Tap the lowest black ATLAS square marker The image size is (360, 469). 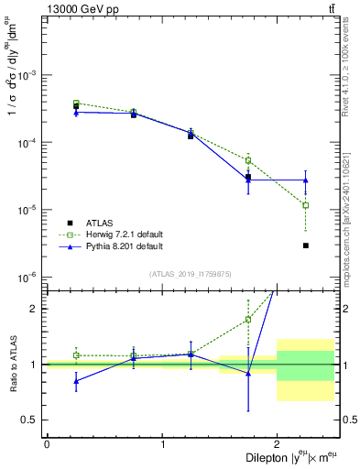[306, 245]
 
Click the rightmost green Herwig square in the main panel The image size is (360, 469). [306, 205]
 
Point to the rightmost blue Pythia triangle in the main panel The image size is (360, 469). [306, 180]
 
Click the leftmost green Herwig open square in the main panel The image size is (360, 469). [76, 104]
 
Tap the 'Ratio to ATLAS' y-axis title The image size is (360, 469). [13, 364]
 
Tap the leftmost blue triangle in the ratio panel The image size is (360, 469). [76, 381]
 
